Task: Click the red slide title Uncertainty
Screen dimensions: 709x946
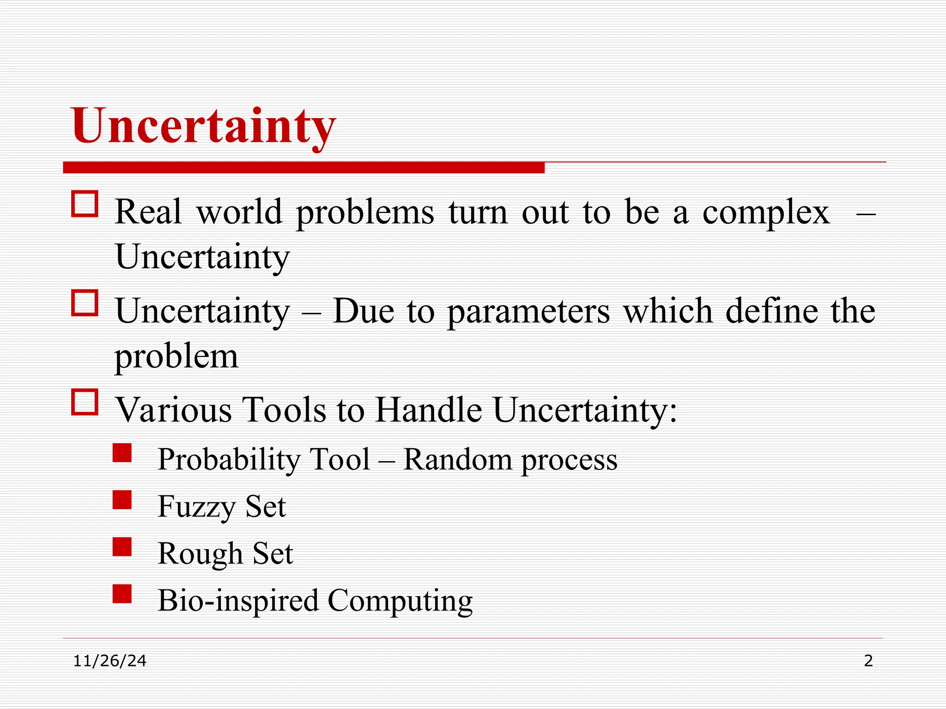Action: coord(204,126)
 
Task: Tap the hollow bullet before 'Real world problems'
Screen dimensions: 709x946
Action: coord(85,204)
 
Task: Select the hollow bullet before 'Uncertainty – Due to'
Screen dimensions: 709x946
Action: coord(85,303)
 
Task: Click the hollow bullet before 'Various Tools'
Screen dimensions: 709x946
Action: coord(85,402)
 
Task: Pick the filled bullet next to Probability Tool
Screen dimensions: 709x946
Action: coord(122,453)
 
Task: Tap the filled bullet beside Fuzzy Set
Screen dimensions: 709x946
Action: coord(122,500)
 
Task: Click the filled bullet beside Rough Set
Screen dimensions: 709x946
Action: coord(122,547)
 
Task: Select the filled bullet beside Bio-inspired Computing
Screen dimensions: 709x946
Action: coord(122,594)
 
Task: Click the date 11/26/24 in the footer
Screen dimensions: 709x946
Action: coord(110,661)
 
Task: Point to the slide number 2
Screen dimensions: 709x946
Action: coord(868,661)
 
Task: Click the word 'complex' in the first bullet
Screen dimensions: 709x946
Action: coord(766,213)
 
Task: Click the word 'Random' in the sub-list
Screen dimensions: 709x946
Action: coord(457,460)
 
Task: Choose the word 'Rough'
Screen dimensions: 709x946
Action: coord(200,554)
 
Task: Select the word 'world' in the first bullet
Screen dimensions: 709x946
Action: coord(239,212)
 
